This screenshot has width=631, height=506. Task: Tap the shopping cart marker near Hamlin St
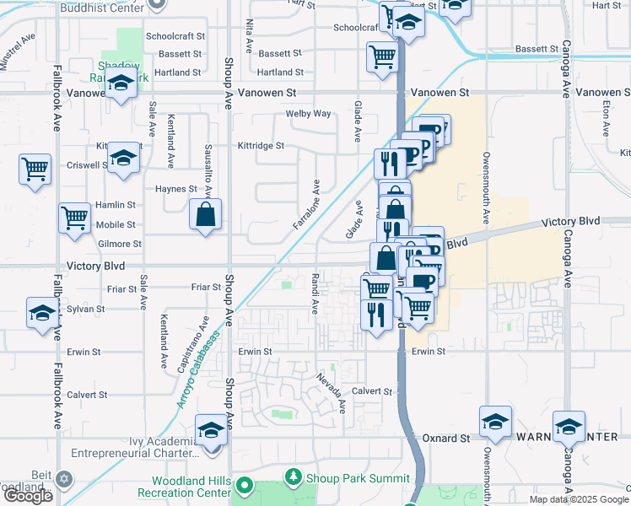[74, 218]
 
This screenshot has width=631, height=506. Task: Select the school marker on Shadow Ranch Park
[121, 84]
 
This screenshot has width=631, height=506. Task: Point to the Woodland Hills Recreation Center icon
[245, 486]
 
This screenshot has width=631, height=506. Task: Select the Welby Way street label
[308, 114]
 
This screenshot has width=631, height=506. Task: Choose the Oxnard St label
[446, 439]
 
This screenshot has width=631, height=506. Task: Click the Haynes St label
[176, 189]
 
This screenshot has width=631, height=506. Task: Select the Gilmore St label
[119, 244]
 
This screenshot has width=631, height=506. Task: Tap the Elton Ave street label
[607, 119]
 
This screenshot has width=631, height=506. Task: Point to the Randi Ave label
[314, 294]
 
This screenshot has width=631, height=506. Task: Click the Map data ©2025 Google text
[579, 499]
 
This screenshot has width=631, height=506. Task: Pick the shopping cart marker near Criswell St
[35, 169]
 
